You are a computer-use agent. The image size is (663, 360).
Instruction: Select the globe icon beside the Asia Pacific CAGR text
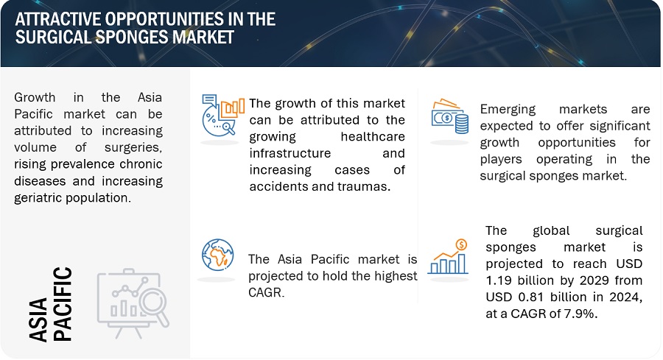click(218, 255)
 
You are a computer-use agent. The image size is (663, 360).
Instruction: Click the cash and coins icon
click(450, 116)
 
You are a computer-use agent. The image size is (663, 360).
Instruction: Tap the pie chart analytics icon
click(222, 115)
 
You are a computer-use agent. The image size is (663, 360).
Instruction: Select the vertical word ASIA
click(38, 320)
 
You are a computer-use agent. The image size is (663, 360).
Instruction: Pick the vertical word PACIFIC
click(62, 304)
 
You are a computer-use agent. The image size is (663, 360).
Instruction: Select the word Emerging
click(508, 110)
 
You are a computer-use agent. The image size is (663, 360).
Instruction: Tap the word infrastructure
click(290, 153)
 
